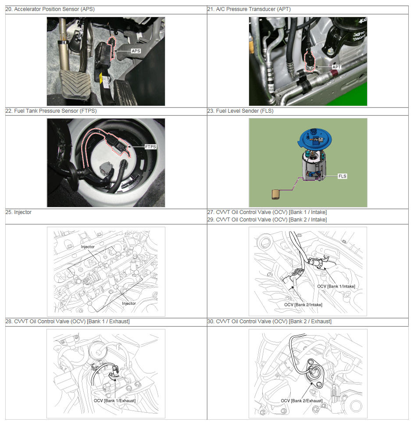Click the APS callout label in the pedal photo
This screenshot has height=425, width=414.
tap(136, 51)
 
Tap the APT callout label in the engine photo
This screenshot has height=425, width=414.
tap(336, 67)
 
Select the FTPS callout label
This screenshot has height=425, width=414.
tap(150, 147)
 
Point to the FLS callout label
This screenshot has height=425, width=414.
tap(343, 176)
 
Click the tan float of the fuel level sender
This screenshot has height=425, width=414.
tap(276, 194)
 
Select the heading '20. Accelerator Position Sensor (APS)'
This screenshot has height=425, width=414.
tap(50, 9)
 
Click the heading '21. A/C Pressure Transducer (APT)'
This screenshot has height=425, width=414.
tap(249, 9)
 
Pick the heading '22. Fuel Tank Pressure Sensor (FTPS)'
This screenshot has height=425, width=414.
tap(51, 111)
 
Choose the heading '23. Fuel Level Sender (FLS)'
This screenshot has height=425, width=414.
tap(240, 111)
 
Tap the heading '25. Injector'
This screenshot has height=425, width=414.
tap(18, 212)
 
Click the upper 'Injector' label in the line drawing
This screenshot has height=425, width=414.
tap(88, 247)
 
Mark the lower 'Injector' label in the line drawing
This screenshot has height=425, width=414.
tap(128, 304)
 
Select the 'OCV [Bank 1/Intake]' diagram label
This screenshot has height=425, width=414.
tap(336, 286)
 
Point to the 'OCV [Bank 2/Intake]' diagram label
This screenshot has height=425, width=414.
tap(303, 305)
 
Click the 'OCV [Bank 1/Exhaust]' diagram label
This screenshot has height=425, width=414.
tap(114, 401)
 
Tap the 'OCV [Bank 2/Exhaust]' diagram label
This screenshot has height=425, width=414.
tap(302, 401)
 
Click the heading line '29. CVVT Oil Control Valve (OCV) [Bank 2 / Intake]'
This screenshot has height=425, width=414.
tap(267, 220)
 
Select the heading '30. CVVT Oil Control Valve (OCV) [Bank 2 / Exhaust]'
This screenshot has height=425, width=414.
tap(269, 321)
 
